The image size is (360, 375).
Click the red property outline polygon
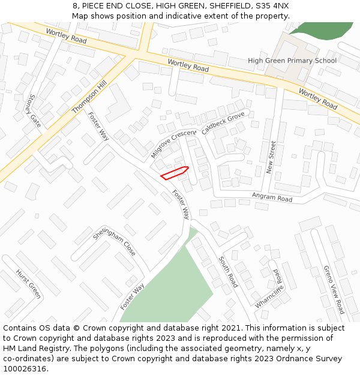pos(175,173)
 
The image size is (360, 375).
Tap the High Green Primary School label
pos(292,61)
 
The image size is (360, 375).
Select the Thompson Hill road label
pos(88,98)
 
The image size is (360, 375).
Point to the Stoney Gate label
pos(34,110)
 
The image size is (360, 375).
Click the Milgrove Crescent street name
pos(173,144)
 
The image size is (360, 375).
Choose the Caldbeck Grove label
pos(223,123)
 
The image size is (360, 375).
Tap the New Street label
pos(272,157)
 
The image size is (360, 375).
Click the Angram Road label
pos(272,197)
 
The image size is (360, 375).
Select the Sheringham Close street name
pos(114,241)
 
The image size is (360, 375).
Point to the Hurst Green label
pos(28,283)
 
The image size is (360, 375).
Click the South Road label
pos(228,272)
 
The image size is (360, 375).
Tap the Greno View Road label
pos(334,290)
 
